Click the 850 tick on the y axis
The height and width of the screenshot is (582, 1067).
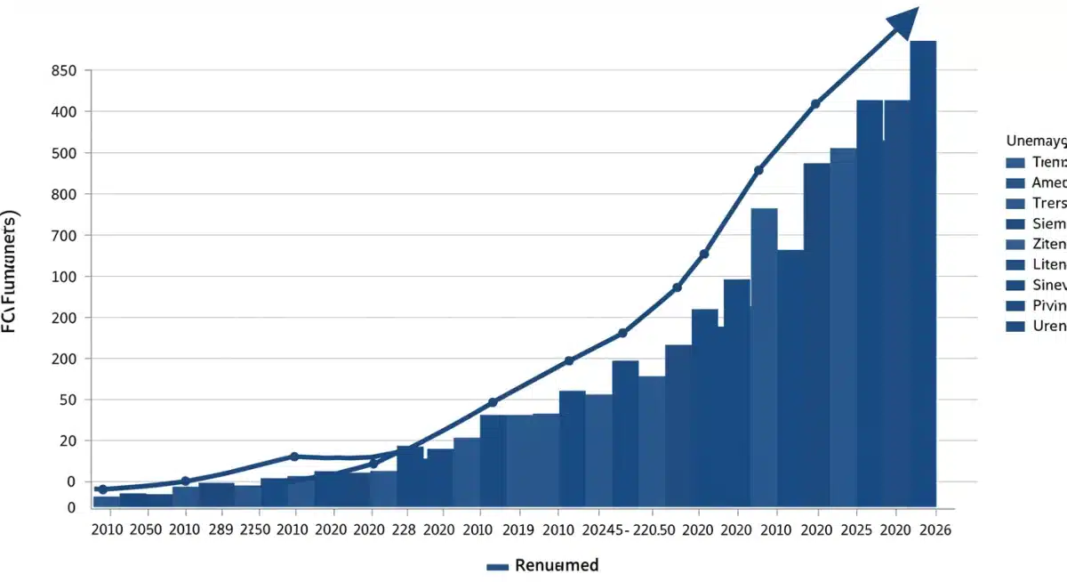[65, 71]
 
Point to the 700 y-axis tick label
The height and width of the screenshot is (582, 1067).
[65, 236]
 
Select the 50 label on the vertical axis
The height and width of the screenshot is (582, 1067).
[68, 400]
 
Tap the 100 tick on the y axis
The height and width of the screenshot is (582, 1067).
[65, 277]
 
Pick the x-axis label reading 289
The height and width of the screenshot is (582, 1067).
[222, 529]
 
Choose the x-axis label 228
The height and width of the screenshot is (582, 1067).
[403, 529]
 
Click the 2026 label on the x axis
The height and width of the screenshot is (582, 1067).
[935, 529]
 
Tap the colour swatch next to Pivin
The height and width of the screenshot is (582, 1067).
[1016, 306]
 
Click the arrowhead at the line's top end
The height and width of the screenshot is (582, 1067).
[903, 20]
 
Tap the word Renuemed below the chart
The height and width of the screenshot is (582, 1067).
[557, 565]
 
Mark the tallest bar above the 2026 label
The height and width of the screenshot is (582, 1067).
[923, 267]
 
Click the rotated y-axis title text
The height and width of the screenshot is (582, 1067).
[10, 272]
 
